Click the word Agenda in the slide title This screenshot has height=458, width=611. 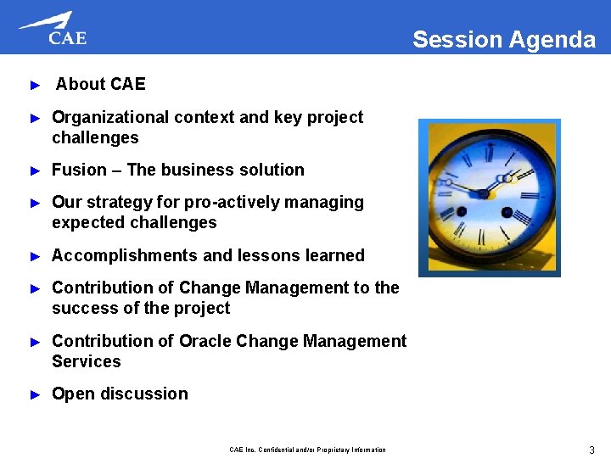point(552,40)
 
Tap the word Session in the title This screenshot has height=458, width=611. point(457,40)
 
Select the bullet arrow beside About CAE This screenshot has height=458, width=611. point(35,85)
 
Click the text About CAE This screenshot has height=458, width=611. point(100,84)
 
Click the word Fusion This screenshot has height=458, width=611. point(79,170)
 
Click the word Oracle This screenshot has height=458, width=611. point(205,341)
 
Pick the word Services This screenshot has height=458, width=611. point(87,361)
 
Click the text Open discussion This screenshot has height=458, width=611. point(120,394)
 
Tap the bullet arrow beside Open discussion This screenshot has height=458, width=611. point(35,394)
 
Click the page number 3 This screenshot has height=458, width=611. point(591,450)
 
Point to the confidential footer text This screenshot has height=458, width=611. point(307,450)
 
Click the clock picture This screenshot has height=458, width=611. point(490,198)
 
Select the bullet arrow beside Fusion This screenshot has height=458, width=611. point(35,170)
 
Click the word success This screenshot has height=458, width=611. point(82,308)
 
